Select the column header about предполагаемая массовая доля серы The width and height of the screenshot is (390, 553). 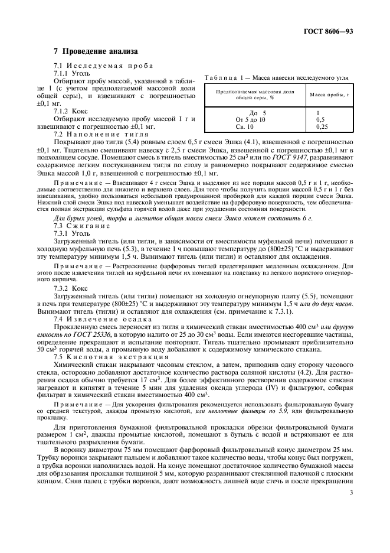click(x=255, y=95)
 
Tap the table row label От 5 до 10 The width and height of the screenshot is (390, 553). click(x=251, y=119)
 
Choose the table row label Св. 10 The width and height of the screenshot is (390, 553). click(x=244, y=126)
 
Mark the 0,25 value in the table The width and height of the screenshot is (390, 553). click(x=322, y=126)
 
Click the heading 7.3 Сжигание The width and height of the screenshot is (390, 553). click(x=81, y=226)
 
